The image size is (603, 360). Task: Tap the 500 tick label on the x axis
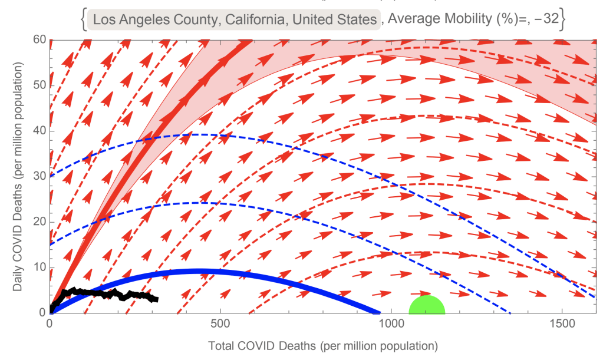coord(220,325)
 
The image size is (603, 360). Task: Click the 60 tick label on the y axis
coord(39,40)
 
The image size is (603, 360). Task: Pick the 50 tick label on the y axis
coord(39,85)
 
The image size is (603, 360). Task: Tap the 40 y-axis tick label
coord(39,131)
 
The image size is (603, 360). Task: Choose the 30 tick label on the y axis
coord(39,176)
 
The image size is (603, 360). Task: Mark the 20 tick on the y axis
coord(39,222)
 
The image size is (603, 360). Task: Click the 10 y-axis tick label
coord(39,267)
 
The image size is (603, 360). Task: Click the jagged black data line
coord(106,293)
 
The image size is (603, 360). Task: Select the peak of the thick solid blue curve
coord(200,272)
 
